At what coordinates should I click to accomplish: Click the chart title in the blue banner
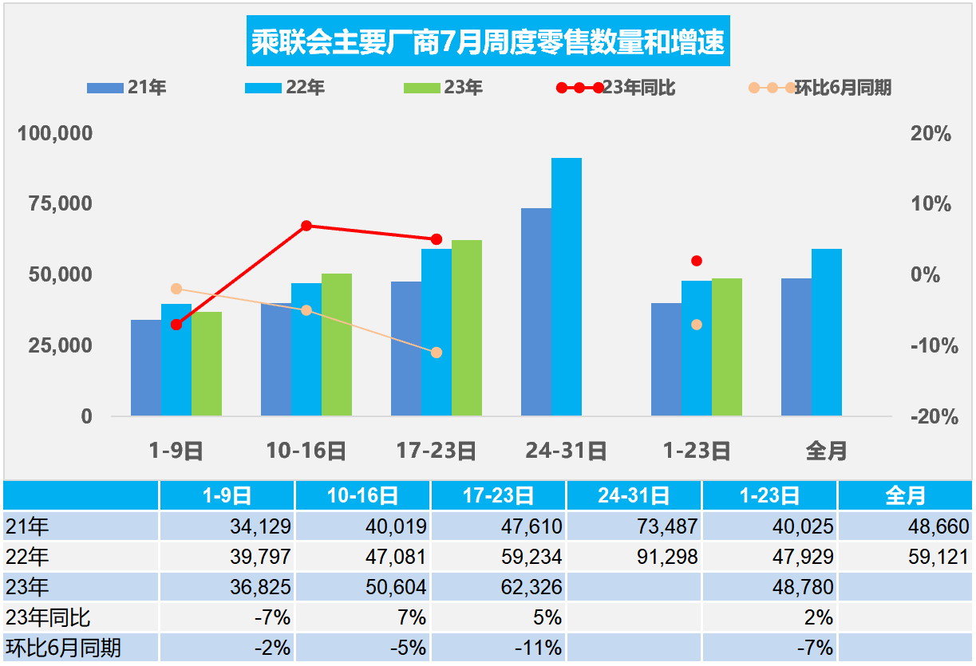click(x=488, y=41)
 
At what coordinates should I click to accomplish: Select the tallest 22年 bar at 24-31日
click(x=567, y=287)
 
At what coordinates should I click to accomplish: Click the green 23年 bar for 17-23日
click(x=467, y=328)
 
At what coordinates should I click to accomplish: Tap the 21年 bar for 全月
click(x=796, y=347)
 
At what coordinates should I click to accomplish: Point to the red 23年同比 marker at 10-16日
click(x=306, y=226)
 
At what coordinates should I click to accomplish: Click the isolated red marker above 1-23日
click(x=697, y=261)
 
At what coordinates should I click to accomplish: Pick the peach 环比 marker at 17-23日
click(x=437, y=353)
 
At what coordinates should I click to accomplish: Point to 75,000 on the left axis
click(x=55, y=204)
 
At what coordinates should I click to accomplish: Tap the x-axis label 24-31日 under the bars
click(x=567, y=451)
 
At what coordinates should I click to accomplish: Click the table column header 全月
click(x=905, y=496)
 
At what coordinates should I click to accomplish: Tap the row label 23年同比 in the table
click(x=48, y=617)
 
